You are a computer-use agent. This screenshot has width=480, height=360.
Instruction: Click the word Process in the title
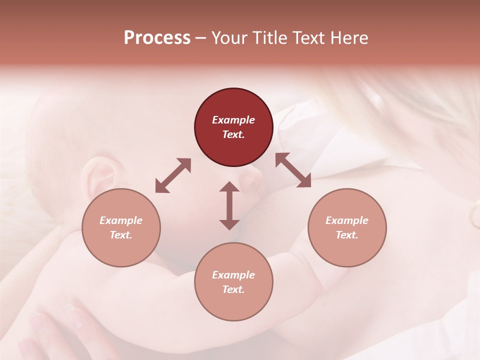click(x=157, y=38)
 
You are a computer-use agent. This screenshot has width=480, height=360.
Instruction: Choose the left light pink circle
click(x=121, y=227)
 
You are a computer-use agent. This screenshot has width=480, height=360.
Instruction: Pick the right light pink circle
click(x=347, y=227)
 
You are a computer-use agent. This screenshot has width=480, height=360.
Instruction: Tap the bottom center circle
click(x=233, y=282)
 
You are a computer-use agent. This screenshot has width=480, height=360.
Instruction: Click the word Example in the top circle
click(x=233, y=120)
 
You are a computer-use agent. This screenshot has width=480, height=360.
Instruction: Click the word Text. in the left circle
click(x=121, y=235)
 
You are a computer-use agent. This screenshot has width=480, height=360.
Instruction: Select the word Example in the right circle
click(x=347, y=220)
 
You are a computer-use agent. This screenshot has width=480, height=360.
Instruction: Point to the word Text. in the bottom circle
click(x=233, y=289)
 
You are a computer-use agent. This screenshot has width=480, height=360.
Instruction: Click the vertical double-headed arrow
click(x=229, y=205)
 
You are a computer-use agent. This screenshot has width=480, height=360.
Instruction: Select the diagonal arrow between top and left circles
click(x=173, y=175)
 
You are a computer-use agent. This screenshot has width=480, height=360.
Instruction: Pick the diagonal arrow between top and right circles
click(x=293, y=170)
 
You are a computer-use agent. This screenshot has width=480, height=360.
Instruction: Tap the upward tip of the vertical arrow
click(x=229, y=184)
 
